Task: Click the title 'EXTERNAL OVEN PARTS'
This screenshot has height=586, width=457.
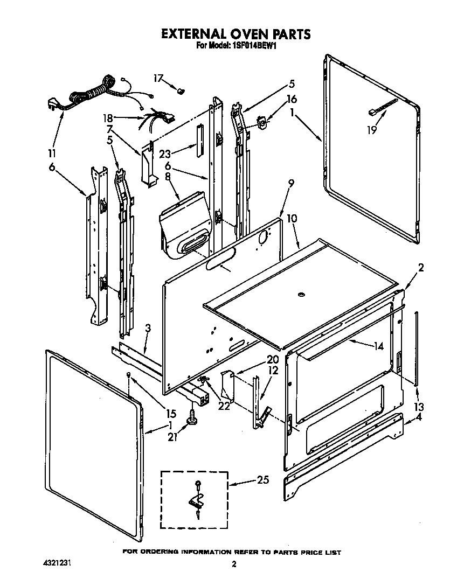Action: pyautogui.click(x=236, y=34)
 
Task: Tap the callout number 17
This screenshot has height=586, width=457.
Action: pyautogui.click(x=157, y=79)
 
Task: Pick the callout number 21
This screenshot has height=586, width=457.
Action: pyautogui.click(x=173, y=437)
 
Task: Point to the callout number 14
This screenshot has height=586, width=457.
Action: pyautogui.click(x=378, y=346)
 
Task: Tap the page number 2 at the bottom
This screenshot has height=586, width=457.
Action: pyautogui.click(x=234, y=564)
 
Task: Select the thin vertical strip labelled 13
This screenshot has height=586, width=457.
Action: pyautogui.click(x=417, y=347)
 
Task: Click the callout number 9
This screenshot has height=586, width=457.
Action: pyautogui.click(x=290, y=184)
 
